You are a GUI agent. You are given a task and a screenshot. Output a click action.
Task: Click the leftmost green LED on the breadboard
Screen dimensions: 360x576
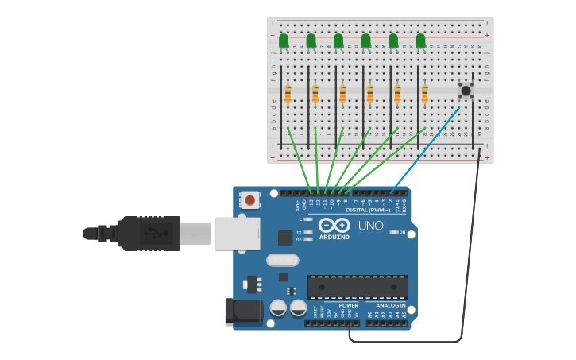coord(284,41)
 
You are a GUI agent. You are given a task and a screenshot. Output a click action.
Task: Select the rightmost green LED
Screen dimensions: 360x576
coord(420,41)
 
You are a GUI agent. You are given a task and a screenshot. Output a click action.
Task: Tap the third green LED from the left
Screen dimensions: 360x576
coord(338,41)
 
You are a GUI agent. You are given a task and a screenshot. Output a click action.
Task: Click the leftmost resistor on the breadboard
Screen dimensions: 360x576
coord(288,94)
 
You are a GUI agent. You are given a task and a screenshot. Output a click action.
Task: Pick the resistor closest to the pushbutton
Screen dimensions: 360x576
coord(424,94)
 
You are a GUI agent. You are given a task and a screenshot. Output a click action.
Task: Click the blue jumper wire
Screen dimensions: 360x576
coord(425,149)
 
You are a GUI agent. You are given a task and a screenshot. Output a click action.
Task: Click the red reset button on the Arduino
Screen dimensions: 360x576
coord(250,200)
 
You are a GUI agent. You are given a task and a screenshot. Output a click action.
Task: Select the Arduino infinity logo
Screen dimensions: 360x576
coord(334,225)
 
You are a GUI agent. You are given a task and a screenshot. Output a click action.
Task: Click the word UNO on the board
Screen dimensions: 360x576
coord(370,226)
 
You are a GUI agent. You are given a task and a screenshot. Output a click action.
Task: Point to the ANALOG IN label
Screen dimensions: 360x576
coord(390,305)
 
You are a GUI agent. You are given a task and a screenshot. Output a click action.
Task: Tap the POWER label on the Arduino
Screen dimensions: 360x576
coord(348,305)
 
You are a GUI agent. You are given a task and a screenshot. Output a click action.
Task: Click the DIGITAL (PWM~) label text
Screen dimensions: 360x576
coord(368,211)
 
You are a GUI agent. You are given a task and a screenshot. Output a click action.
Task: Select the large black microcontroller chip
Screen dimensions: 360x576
coord(358,287)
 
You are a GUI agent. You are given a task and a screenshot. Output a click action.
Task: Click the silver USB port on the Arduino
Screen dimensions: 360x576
coord(237,234)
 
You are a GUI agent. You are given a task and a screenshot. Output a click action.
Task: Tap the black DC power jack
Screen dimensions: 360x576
coord(243,312)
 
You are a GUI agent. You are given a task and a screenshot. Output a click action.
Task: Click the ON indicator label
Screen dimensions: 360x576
coord(402,232)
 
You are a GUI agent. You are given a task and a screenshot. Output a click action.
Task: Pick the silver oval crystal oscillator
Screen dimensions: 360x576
coord(282,260)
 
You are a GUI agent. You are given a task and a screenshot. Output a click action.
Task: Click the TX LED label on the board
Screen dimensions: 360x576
coord(299,232)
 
